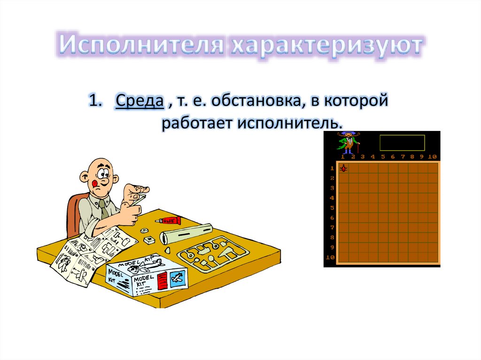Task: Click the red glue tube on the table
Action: pos(169,220)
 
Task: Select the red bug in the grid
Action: pos(343,168)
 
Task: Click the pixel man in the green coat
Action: pos(348,142)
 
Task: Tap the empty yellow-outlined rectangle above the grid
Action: pos(402,143)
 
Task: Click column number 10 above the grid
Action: pos(432,157)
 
